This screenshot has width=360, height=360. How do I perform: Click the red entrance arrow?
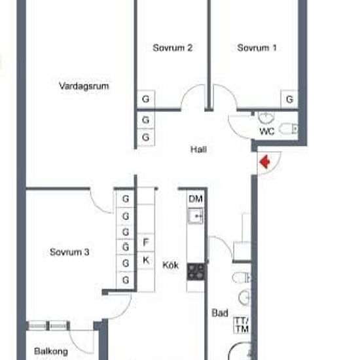(x=264, y=162)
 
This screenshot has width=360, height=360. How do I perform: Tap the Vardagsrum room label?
(x=84, y=86)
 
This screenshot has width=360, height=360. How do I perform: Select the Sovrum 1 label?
(x=257, y=48)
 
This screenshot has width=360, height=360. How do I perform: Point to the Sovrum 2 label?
(x=173, y=48)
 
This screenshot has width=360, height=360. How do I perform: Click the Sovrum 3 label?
(x=69, y=252)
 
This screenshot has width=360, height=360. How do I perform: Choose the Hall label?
(x=198, y=149)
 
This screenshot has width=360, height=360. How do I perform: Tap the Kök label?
(x=170, y=265)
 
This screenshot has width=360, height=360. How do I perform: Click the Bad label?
(x=220, y=313)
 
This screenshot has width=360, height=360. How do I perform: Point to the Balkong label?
(x=51, y=351)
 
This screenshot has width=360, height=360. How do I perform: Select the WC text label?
(x=267, y=132)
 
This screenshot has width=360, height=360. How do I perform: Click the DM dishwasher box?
(x=196, y=198)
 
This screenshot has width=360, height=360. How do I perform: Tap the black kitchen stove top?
(x=196, y=272)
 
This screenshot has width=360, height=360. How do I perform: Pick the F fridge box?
(x=145, y=242)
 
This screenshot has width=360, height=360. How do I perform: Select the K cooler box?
(x=145, y=260)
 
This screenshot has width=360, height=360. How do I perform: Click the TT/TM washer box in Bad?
(x=242, y=325)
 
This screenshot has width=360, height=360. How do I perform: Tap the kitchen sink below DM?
(x=196, y=216)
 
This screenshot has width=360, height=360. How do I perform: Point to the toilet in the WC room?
(x=289, y=129)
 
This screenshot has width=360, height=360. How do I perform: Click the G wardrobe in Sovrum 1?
(x=289, y=99)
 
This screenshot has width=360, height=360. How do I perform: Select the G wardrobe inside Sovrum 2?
(x=146, y=99)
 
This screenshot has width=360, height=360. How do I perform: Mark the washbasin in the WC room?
(x=266, y=118)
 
